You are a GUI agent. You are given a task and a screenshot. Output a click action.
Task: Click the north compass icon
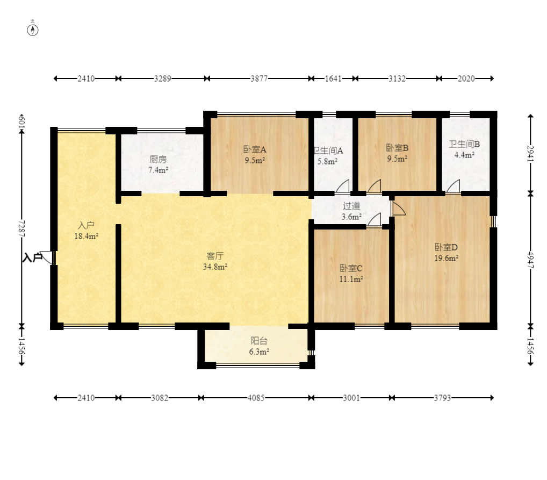33,30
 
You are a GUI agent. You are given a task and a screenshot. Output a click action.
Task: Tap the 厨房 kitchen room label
158,159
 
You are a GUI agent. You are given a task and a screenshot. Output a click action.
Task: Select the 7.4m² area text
158,170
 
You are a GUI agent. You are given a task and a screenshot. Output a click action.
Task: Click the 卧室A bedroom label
255,149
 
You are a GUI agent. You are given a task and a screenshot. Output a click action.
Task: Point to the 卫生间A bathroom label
328,151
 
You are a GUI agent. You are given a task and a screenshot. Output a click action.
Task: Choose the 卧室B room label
397,148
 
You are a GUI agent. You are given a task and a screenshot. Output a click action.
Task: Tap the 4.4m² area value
464,155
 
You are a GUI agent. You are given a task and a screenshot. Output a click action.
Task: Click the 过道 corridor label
351,206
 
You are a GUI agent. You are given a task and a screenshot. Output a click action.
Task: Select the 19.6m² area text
446,258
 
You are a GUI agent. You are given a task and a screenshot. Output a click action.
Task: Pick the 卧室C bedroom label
351,268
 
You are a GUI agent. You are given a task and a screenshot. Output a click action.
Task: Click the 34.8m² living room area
215,267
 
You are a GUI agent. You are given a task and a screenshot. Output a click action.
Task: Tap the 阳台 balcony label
259,340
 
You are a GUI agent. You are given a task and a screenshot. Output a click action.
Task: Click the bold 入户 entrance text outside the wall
32,257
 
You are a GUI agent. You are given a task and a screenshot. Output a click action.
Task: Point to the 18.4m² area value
86,236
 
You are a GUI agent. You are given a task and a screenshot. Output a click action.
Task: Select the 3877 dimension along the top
259,78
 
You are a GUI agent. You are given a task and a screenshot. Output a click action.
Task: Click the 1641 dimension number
333,78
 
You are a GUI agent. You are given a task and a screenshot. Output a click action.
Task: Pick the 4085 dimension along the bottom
256,398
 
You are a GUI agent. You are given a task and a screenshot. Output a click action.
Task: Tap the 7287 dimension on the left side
21,228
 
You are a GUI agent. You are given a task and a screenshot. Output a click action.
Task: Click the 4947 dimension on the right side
530,260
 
